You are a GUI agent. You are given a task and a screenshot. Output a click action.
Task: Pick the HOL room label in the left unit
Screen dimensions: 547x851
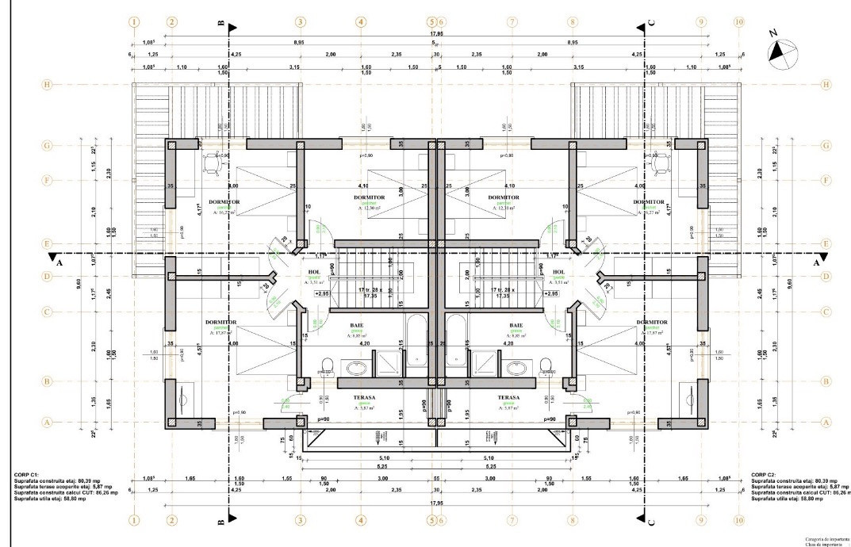pos(315,272)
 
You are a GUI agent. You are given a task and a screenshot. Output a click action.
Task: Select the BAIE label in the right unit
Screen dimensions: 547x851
pos(516,325)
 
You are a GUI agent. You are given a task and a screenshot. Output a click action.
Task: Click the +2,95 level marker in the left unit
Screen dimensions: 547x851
pos(322,293)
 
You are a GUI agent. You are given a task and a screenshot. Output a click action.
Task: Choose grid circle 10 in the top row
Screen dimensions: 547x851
pos(738,22)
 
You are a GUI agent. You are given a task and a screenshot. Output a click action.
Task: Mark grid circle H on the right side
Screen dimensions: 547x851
pos(826,84)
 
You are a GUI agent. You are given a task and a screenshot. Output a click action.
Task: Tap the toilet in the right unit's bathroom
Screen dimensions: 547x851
pos(546,365)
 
